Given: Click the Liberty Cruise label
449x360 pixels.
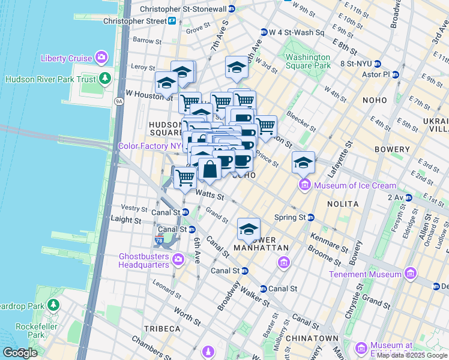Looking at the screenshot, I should tap(66, 58).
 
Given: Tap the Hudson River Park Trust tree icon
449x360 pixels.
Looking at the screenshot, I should tap(105, 79).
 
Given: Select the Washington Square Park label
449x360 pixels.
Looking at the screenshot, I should tap(308, 61).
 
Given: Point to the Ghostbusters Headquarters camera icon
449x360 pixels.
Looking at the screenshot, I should tap(178, 259).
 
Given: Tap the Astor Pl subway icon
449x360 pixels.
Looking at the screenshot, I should tap(395, 74).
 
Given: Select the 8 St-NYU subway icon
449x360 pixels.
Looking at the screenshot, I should tap(378, 64).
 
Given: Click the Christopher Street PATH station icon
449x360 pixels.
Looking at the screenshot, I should tap(172, 21).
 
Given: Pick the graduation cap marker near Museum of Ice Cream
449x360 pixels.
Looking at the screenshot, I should tap(304, 163).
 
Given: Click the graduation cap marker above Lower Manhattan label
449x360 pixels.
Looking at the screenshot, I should tap(249, 229).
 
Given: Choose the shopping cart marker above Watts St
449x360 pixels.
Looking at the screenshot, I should tap(185, 177).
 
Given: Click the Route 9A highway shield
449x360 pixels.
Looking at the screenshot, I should tap(119, 101).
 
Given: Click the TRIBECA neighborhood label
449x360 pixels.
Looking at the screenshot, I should tap(162, 329).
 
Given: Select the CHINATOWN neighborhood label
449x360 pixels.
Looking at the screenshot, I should tap(312, 338).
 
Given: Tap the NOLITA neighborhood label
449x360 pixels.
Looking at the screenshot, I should tap(343, 204).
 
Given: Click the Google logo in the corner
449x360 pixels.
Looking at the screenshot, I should tap(19, 353).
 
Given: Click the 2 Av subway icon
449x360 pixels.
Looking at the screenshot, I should tap(409, 197).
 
